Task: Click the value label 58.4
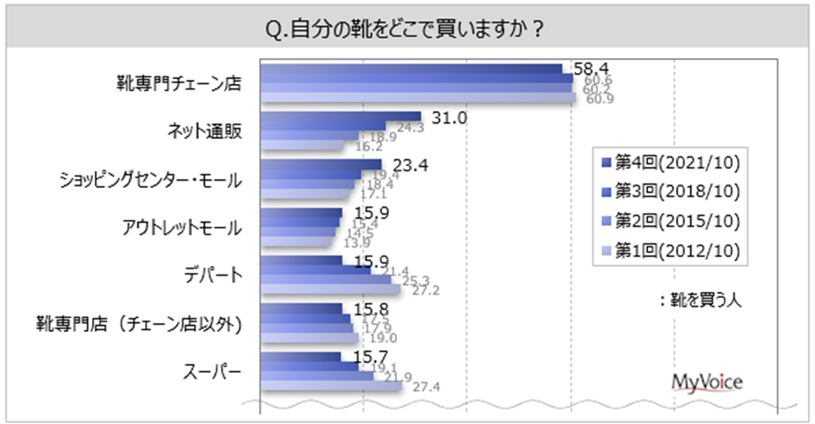tap(587, 67)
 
